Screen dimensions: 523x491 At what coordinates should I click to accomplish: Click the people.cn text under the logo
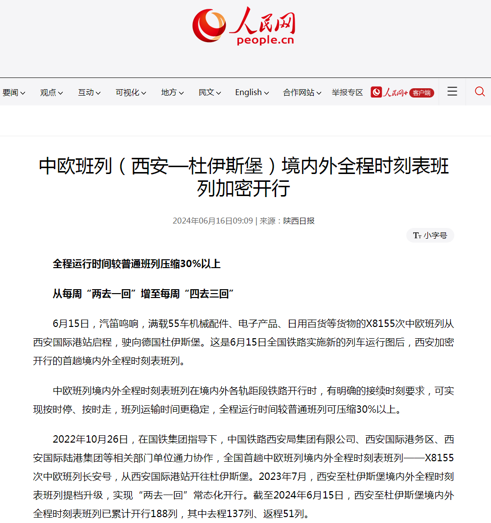[265, 40]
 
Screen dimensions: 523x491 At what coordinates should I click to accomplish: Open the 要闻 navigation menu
[13, 92]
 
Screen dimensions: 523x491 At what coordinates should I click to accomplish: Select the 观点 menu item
[51, 92]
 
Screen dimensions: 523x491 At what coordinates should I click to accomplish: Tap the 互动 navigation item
[89, 92]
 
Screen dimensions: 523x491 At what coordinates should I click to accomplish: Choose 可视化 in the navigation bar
[130, 92]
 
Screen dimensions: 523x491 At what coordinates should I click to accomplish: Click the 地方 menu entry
[172, 92]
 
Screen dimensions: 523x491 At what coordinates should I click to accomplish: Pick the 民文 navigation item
[209, 92]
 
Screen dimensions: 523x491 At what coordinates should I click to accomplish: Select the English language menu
[252, 92]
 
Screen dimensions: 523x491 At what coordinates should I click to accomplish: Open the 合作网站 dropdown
[302, 92]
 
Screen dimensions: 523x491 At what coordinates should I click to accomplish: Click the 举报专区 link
[347, 92]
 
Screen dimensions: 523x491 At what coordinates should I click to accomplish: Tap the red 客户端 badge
[421, 93]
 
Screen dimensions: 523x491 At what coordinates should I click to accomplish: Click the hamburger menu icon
[452, 92]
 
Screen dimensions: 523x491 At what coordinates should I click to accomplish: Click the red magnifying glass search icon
[480, 92]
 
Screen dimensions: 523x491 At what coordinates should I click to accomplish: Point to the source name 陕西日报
[299, 221]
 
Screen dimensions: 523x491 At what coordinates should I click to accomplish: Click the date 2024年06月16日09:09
[212, 221]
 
